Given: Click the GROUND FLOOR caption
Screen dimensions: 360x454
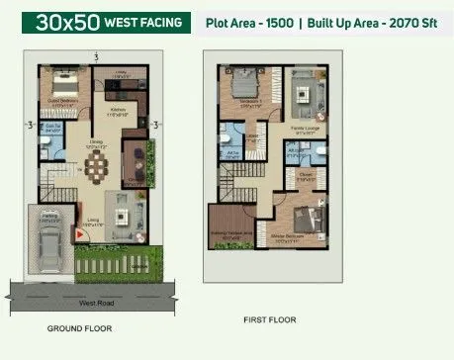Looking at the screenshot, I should [80, 327].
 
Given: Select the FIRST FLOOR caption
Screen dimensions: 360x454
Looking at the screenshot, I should [272, 319].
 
